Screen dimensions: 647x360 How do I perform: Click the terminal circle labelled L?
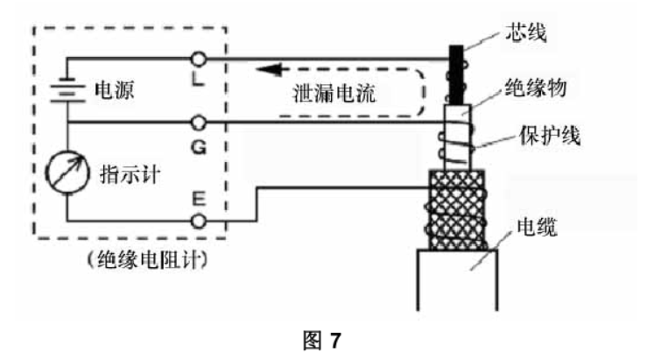199,60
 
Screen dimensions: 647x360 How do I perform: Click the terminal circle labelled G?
199,123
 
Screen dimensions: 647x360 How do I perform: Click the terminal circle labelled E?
199,222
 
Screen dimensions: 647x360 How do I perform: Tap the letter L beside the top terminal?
198,79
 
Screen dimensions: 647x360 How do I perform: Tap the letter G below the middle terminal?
199,146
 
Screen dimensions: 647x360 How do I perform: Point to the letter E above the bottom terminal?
199,199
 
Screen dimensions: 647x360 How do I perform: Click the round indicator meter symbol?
67,173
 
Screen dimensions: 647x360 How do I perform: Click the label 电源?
115,90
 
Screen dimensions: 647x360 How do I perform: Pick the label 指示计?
130,174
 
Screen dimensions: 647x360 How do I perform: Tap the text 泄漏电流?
334,94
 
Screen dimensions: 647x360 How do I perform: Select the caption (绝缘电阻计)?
147,260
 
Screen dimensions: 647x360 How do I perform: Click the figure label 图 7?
322,341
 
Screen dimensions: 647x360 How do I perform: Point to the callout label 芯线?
526,32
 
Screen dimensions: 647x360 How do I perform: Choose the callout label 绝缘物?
536,88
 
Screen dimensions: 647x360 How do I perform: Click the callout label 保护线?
550,135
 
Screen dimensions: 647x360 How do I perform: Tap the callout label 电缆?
537,227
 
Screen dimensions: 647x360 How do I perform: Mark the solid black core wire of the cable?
456,74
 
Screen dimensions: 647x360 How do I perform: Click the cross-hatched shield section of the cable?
457,209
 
